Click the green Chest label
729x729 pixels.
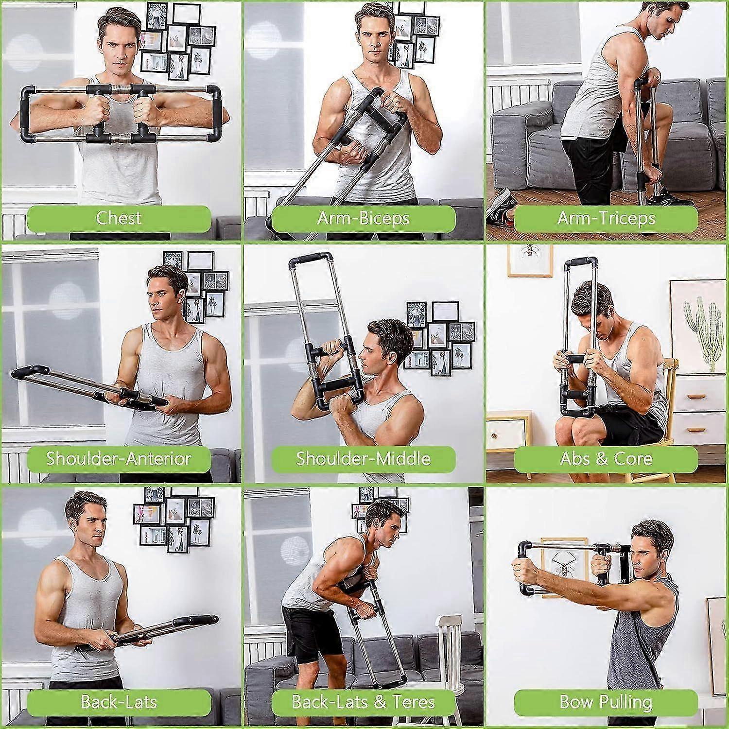tap(119, 219)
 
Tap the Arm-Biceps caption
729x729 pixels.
tap(363, 219)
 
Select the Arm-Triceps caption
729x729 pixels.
tap(606, 219)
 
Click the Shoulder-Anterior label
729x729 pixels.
tap(119, 459)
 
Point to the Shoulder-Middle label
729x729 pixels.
tap(363, 459)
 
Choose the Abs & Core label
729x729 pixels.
tap(606, 459)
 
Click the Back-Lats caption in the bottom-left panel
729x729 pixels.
tap(119, 702)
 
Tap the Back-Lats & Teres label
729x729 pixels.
tap(363, 702)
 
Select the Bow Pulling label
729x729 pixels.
tap(606, 702)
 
